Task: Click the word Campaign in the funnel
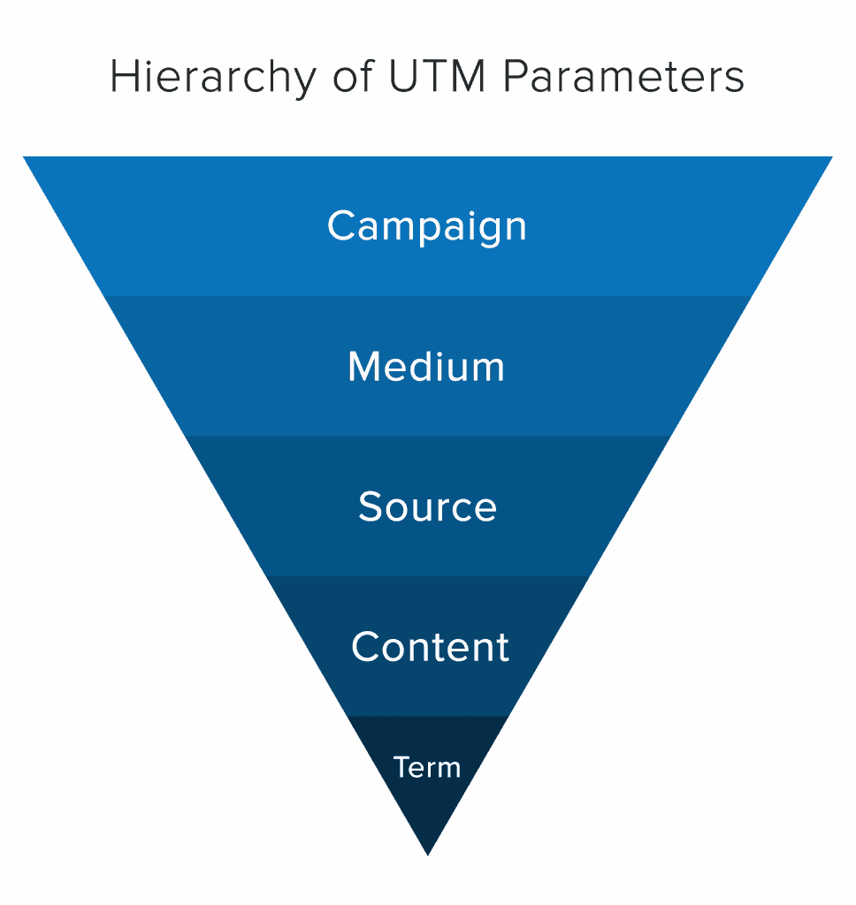point(427,226)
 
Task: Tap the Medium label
point(426,367)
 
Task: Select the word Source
point(427,507)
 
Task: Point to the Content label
point(430,647)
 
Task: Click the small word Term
point(427,767)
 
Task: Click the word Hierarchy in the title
point(212,77)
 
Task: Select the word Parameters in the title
point(623,77)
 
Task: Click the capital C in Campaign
point(341,226)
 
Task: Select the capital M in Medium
point(364,367)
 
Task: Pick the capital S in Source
point(370,507)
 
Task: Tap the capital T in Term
point(401,767)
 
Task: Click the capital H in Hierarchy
point(125,77)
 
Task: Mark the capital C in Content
point(365,647)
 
